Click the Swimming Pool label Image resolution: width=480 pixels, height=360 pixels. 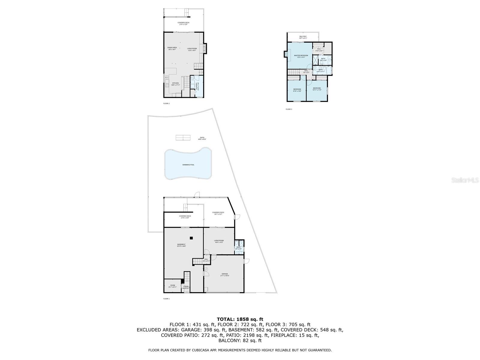188,165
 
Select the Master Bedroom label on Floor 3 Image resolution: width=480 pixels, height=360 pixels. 301,56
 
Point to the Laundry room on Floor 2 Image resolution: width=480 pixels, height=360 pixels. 197,87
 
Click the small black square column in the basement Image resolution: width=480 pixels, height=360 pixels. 191,238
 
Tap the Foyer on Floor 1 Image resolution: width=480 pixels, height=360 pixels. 186,287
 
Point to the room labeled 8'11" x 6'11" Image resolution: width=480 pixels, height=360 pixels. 172,286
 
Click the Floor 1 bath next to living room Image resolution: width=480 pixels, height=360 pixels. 239,248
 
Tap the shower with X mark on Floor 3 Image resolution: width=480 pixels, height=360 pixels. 316,60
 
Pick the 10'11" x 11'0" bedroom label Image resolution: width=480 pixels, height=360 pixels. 317,89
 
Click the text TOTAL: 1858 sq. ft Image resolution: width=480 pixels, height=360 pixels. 240,319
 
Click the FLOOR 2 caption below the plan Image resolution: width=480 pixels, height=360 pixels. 166,103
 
